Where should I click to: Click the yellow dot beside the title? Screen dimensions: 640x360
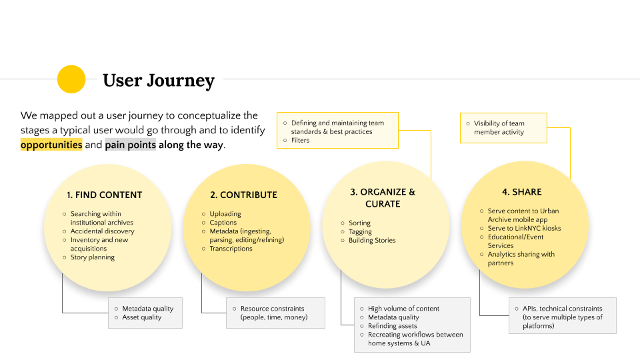click(71, 79)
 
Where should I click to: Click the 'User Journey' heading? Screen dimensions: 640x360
click(159, 81)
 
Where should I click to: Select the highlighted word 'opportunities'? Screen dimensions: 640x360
click(51, 145)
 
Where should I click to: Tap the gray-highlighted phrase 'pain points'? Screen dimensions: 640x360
click(131, 145)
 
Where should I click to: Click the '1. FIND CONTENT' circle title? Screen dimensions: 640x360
click(105, 195)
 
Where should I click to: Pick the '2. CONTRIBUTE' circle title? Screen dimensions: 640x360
click(244, 195)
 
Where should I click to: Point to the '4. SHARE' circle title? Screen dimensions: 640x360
click(522, 192)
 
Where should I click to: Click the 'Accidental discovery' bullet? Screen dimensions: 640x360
click(103, 231)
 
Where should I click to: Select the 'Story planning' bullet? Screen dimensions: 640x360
click(93, 257)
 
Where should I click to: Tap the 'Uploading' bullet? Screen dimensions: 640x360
click(225, 214)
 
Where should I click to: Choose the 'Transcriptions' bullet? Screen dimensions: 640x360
click(231, 249)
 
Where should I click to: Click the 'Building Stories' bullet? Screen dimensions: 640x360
click(372, 241)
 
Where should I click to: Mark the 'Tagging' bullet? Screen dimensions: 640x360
click(360, 231)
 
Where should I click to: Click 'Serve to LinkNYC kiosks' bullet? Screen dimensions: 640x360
click(525, 228)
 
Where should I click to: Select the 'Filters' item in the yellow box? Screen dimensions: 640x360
click(301, 141)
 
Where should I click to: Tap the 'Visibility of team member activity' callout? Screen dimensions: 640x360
click(499, 128)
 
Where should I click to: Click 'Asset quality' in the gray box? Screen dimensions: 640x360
click(142, 317)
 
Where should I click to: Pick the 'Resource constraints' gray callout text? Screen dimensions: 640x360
click(274, 313)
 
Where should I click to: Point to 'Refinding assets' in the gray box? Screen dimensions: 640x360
click(393, 326)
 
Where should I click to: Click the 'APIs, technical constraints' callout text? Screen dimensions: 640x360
click(563, 317)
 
